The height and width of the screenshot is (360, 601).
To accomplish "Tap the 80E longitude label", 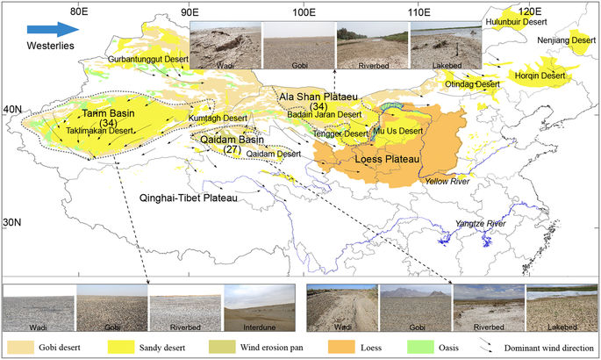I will [x=78, y=11].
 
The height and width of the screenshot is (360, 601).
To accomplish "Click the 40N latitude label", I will [x=13, y=109].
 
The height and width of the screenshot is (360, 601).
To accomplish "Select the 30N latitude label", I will [x=13, y=223].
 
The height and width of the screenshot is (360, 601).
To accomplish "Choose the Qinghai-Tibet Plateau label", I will [x=190, y=199].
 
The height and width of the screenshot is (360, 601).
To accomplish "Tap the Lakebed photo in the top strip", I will [x=446, y=44].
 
